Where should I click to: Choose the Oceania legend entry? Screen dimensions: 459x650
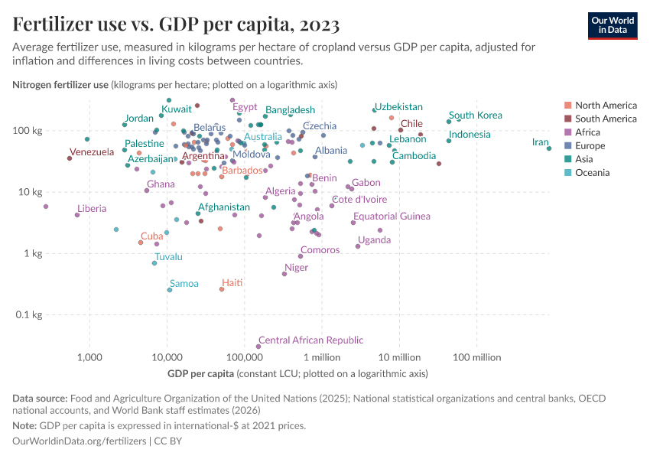(x=592, y=173)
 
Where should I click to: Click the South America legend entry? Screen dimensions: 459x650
(x=605, y=119)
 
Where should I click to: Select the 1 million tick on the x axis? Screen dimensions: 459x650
(x=321, y=356)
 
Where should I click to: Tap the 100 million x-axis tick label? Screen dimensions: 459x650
(x=476, y=356)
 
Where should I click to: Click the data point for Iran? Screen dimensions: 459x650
(x=549, y=148)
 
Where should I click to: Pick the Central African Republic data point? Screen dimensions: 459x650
(x=258, y=347)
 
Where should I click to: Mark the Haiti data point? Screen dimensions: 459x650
(x=222, y=289)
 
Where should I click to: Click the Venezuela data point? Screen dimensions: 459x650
(x=70, y=158)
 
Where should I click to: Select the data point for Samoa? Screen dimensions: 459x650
(x=170, y=290)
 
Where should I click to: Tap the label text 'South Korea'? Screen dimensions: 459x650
(x=475, y=116)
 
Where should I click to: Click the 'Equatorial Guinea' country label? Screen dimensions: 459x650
(x=392, y=216)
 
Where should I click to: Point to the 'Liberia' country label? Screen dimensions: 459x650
(x=92, y=209)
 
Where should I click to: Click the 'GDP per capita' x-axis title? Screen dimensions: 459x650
(x=200, y=373)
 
